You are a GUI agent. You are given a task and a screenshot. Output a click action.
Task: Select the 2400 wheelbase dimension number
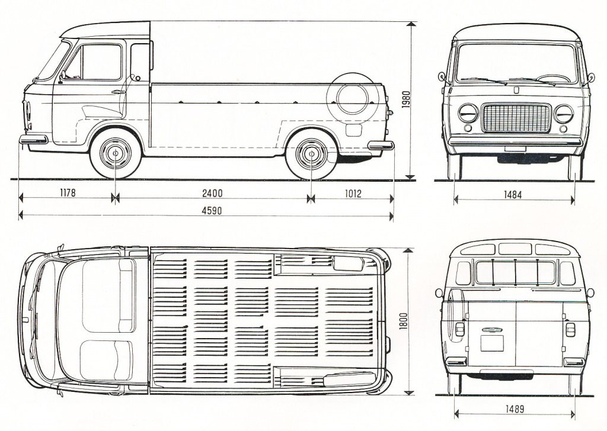(212, 192)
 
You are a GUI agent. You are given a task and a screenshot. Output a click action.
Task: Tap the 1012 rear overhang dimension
(351, 192)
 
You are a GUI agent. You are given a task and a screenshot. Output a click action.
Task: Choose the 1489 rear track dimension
(515, 409)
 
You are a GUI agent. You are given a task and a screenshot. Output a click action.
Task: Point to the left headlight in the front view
(468, 112)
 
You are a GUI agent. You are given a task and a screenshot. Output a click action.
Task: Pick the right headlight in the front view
(564, 112)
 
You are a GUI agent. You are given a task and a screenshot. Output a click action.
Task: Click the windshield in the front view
(516, 63)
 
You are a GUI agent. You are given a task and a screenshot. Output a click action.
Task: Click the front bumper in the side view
(33, 140)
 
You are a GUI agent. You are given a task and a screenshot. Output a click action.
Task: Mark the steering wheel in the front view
(554, 78)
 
